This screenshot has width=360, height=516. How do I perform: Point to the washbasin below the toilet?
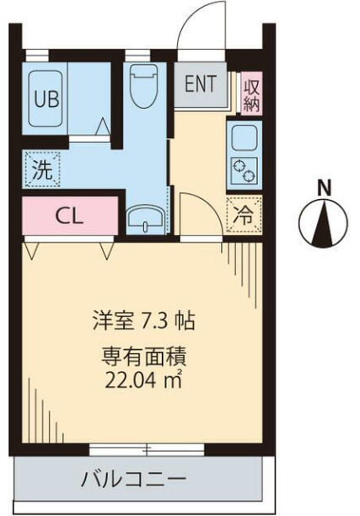coord(148,222)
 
